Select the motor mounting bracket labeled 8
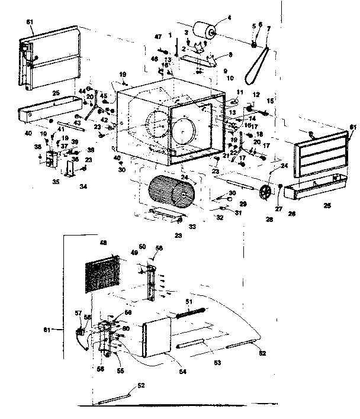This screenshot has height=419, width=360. pos(198,59)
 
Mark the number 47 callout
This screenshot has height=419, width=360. pos(158,37)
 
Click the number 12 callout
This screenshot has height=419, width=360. pos(256,94)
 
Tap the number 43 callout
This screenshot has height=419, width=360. pos(77,123)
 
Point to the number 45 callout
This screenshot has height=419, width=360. pos(103,95)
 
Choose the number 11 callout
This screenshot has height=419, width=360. pos(239,92)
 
